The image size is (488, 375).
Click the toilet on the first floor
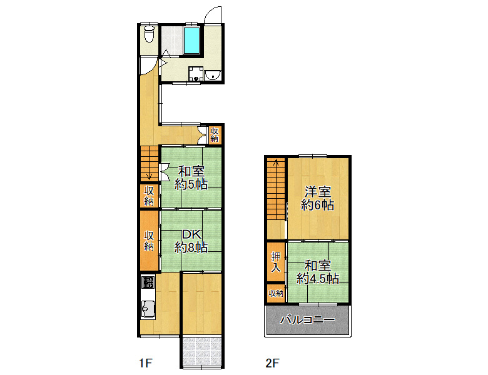pyautogui.click(x=150, y=34)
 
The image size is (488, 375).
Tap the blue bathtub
pyautogui.click(x=191, y=41)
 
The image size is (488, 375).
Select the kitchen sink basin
pyautogui.click(x=148, y=309)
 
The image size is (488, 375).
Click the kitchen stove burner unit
pyautogui.click(x=148, y=282)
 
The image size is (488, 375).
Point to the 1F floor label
pyautogui.click(x=145, y=362)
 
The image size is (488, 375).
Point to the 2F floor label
pyautogui.click(x=273, y=362)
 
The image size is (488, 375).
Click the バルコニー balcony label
pyautogui.click(x=307, y=319)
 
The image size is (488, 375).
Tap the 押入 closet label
pyautogui.click(x=276, y=262)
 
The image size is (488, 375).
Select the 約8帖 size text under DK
pyautogui.click(x=191, y=247)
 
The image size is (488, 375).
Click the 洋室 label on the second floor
pyautogui.click(x=317, y=191)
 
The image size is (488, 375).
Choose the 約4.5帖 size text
pyautogui.click(x=317, y=279)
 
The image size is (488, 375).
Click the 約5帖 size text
pyautogui.click(x=191, y=184)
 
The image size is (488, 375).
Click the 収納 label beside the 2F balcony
pyautogui.click(x=276, y=293)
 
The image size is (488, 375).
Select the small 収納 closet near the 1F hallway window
pyautogui.click(x=215, y=134)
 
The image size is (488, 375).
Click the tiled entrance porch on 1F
pyautogui.click(x=202, y=351)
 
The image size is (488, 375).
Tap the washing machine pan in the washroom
pyautogui.click(x=196, y=74)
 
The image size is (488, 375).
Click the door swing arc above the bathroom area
pyautogui.click(x=213, y=14)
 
